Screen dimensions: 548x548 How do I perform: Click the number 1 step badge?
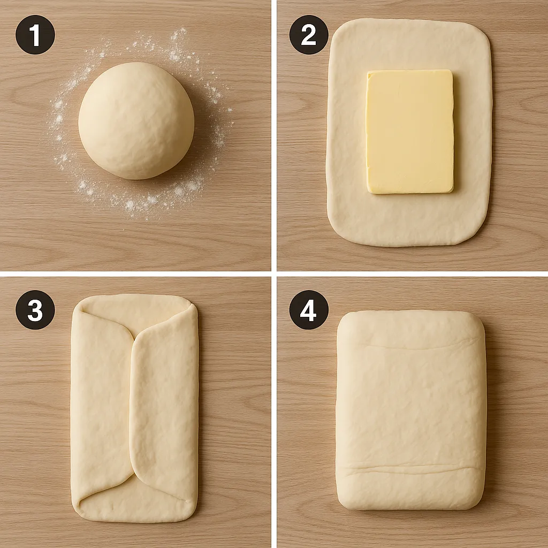[x=35, y=35]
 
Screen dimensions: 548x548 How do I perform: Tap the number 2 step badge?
[x=309, y=35]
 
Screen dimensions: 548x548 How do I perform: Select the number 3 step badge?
[x=35, y=310]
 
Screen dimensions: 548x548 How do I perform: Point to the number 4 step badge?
[x=309, y=310]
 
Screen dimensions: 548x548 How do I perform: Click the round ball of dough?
[x=136, y=120]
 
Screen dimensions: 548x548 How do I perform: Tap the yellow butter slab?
[x=409, y=132]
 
